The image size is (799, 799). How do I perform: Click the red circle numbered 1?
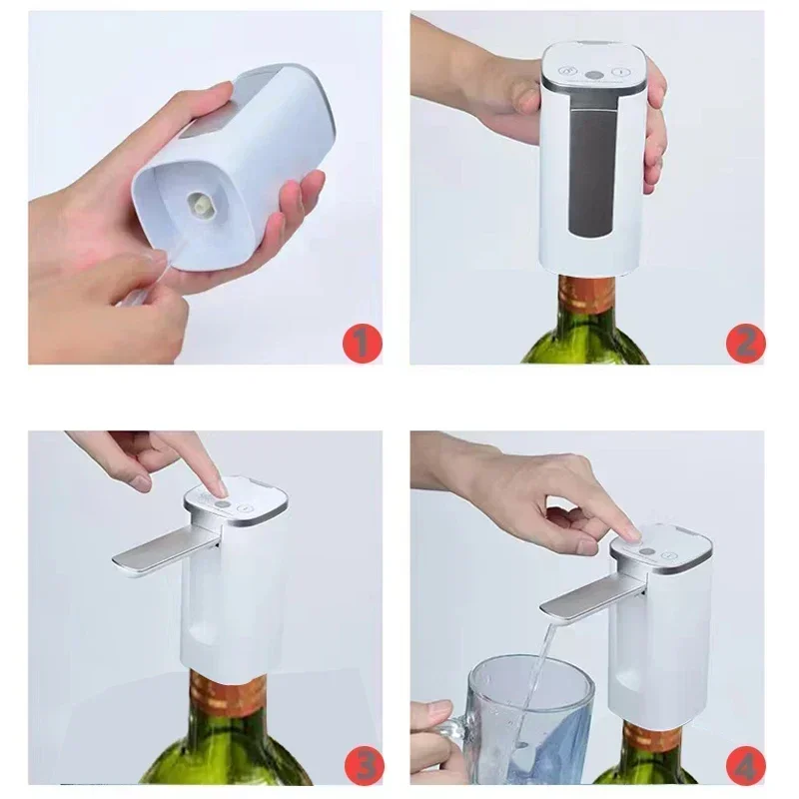click(362, 344)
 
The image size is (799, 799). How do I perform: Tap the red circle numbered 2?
click(745, 343)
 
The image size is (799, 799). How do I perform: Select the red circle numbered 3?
click(362, 766)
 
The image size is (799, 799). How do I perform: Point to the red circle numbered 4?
click(744, 767)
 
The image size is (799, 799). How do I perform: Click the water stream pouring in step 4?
click(537, 659)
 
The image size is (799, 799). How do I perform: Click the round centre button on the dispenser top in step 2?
click(594, 74)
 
